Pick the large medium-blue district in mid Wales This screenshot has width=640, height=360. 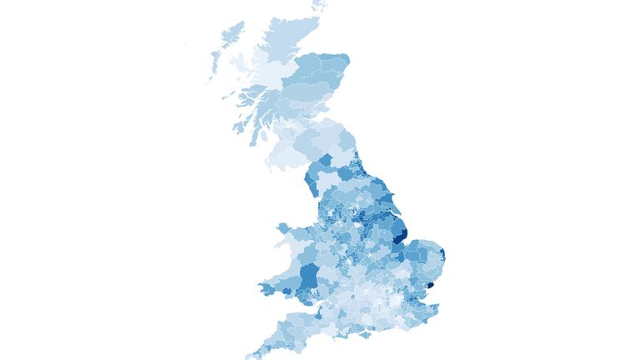(x=308, y=278)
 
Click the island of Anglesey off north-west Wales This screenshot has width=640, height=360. (x=283, y=227)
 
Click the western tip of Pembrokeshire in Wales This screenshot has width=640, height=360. (x=260, y=289)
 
